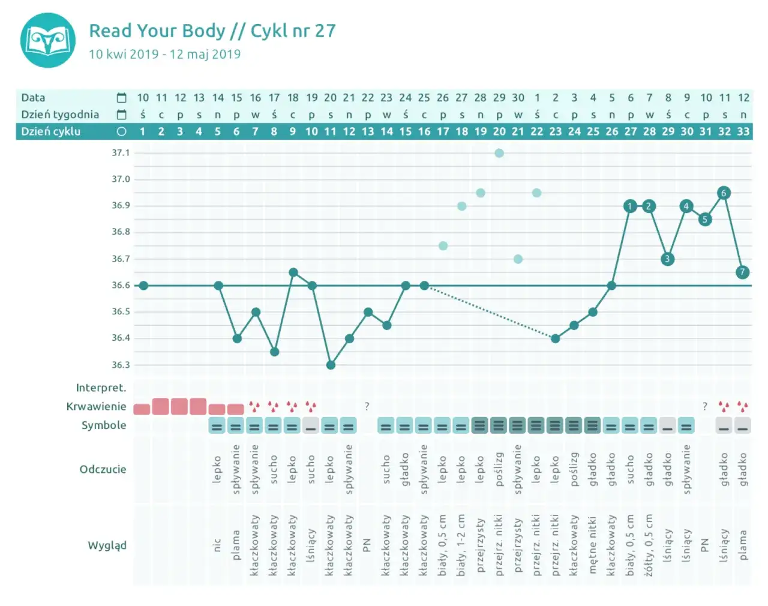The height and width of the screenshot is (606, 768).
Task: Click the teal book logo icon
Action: pyautogui.click(x=48, y=40)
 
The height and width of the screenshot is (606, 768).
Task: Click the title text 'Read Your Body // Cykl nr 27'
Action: pyautogui.click(x=212, y=31)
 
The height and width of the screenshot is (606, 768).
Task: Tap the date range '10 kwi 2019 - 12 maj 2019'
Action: pyautogui.click(x=164, y=54)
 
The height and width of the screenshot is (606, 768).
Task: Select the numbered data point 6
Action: pyautogui.click(x=724, y=193)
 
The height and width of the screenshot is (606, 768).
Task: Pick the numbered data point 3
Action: pyautogui.click(x=667, y=259)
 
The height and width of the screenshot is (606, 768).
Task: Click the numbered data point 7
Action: pyautogui.click(x=742, y=272)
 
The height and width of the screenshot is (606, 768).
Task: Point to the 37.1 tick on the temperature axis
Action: pyautogui.click(x=121, y=153)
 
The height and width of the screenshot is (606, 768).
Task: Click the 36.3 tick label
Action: pyautogui.click(x=121, y=365)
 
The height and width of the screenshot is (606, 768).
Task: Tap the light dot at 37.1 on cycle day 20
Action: pyautogui.click(x=499, y=153)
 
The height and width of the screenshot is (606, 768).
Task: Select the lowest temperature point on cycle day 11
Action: pyautogui.click(x=331, y=365)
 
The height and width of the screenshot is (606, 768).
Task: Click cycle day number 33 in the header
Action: pyautogui.click(x=743, y=131)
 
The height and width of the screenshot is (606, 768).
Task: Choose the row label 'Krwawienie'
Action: pyautogui.click(x=96, y=406)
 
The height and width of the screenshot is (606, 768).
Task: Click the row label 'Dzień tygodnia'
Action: pyautogui.click(x=60, y=115)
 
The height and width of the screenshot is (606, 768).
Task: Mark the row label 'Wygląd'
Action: pyautogui.click(x=107, y=545)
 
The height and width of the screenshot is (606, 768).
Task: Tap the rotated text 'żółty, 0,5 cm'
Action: pyautogui.click(x=649, y=545)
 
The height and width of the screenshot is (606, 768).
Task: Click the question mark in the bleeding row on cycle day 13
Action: pyautogui.click(x=367, y=406)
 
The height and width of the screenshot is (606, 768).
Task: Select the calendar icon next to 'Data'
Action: pyautogui.click(x=121, y=98)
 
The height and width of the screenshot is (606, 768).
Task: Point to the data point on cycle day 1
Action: pyautogui.click(x=143, y=286)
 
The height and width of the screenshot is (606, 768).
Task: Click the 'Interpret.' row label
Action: pyautogui.click(x=101, y=388)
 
